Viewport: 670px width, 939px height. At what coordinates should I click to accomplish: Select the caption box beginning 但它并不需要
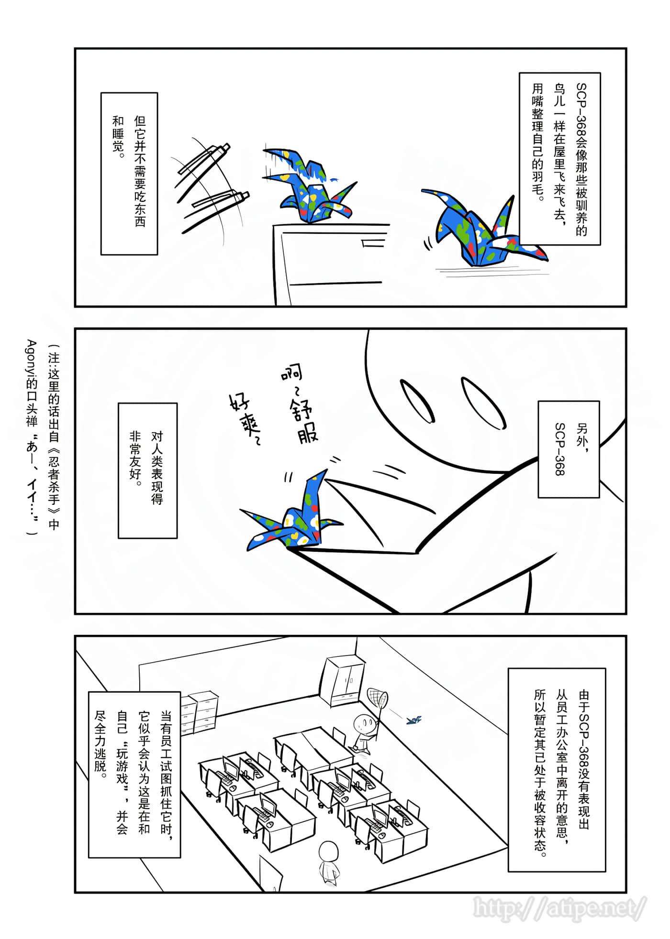(129, 173)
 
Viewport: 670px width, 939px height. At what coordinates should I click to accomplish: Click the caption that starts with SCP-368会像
(559, 158)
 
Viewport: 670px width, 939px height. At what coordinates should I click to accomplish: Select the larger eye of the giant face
(483, 402)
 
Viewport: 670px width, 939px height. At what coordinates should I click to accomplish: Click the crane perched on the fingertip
(292, 519)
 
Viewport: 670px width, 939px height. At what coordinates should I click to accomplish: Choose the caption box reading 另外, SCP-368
(569, 449)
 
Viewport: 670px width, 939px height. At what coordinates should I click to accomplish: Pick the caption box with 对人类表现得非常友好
(147, 470)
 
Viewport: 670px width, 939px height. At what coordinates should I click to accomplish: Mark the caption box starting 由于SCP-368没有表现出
(557, 769)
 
